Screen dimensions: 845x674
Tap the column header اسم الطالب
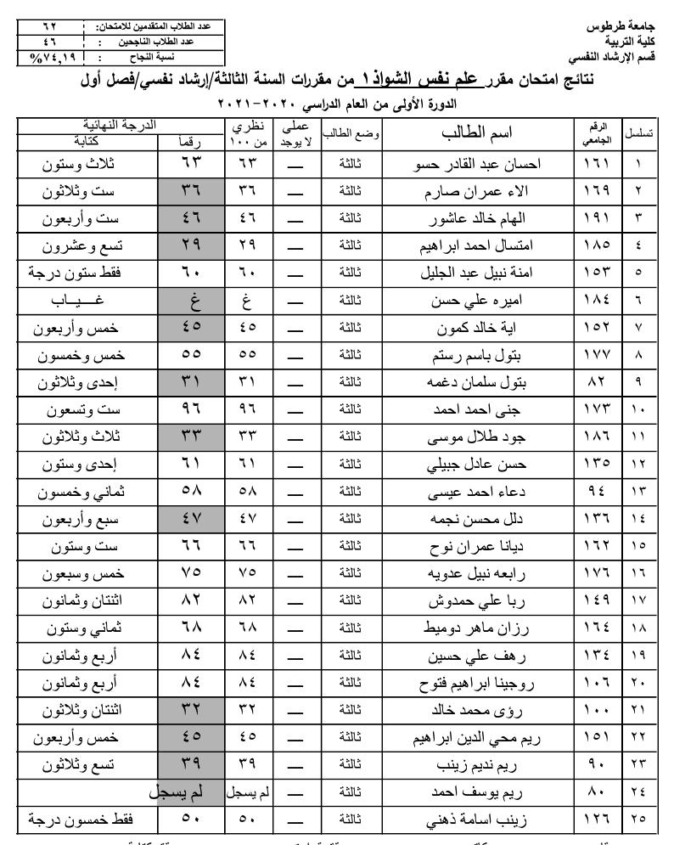pyautogui.click(x=477, y=134)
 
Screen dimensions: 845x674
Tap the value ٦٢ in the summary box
pyautogui.click(x=51, y=26)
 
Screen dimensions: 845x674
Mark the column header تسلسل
pyautogui.click(x=638, y=134)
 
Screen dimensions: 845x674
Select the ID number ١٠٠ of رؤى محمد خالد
pyautogui.click(x=598, y=711)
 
